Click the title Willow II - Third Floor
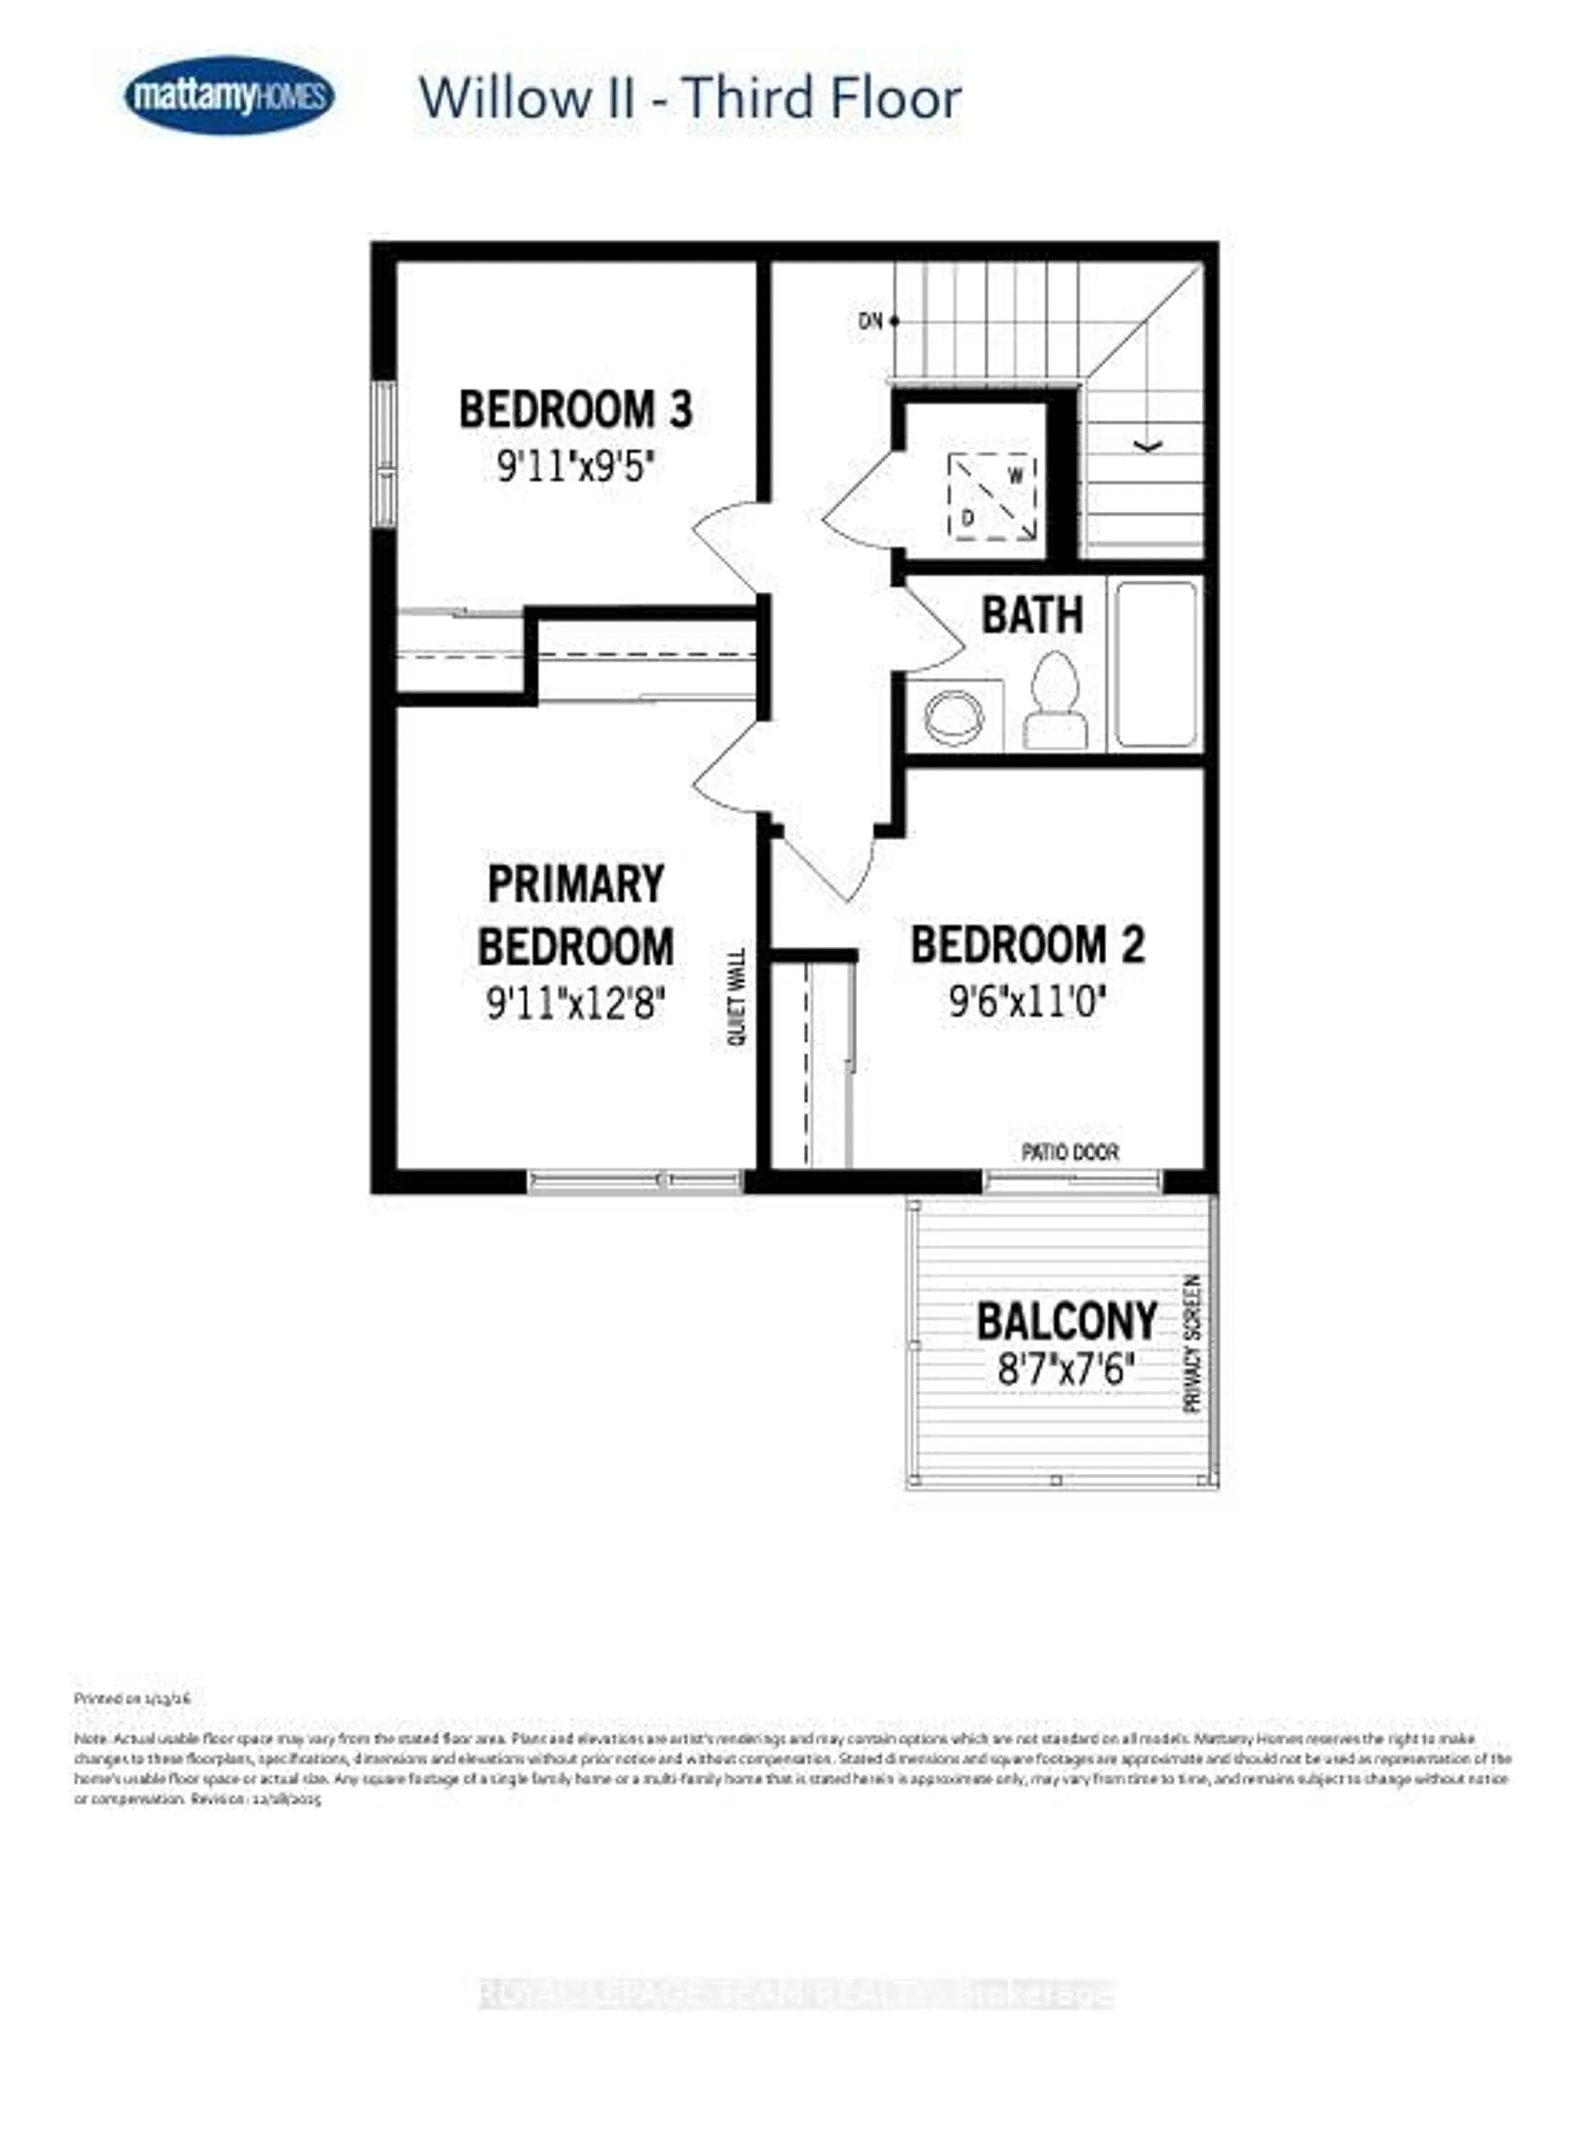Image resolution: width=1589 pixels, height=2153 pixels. coord(690,98)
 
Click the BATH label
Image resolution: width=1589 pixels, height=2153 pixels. coord(1031,615)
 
